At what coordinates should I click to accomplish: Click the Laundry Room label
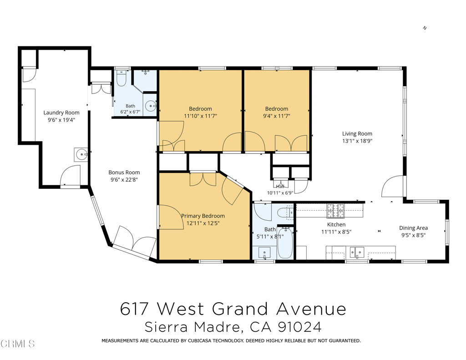61,113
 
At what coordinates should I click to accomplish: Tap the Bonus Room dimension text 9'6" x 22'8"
124,180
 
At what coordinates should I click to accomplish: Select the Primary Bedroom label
203,216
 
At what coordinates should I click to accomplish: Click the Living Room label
357,134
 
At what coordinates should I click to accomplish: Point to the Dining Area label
413,228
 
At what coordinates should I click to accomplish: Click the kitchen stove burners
335,211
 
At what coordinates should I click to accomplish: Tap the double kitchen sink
357,253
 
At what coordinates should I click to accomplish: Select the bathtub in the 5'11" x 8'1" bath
285,243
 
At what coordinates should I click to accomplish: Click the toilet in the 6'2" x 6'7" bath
121,78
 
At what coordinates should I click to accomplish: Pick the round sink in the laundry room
81,155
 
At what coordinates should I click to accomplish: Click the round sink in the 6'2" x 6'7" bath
151,106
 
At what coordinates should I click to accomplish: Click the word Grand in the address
240,309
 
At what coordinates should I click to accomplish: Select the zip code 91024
299,327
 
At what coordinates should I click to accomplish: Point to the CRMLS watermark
18,344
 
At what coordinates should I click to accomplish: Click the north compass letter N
425,28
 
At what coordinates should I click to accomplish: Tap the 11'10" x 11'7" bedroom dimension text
200,116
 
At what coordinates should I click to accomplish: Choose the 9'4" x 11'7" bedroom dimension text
277,116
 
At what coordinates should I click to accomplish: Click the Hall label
280,187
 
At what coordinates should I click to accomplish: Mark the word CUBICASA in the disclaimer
199,341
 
